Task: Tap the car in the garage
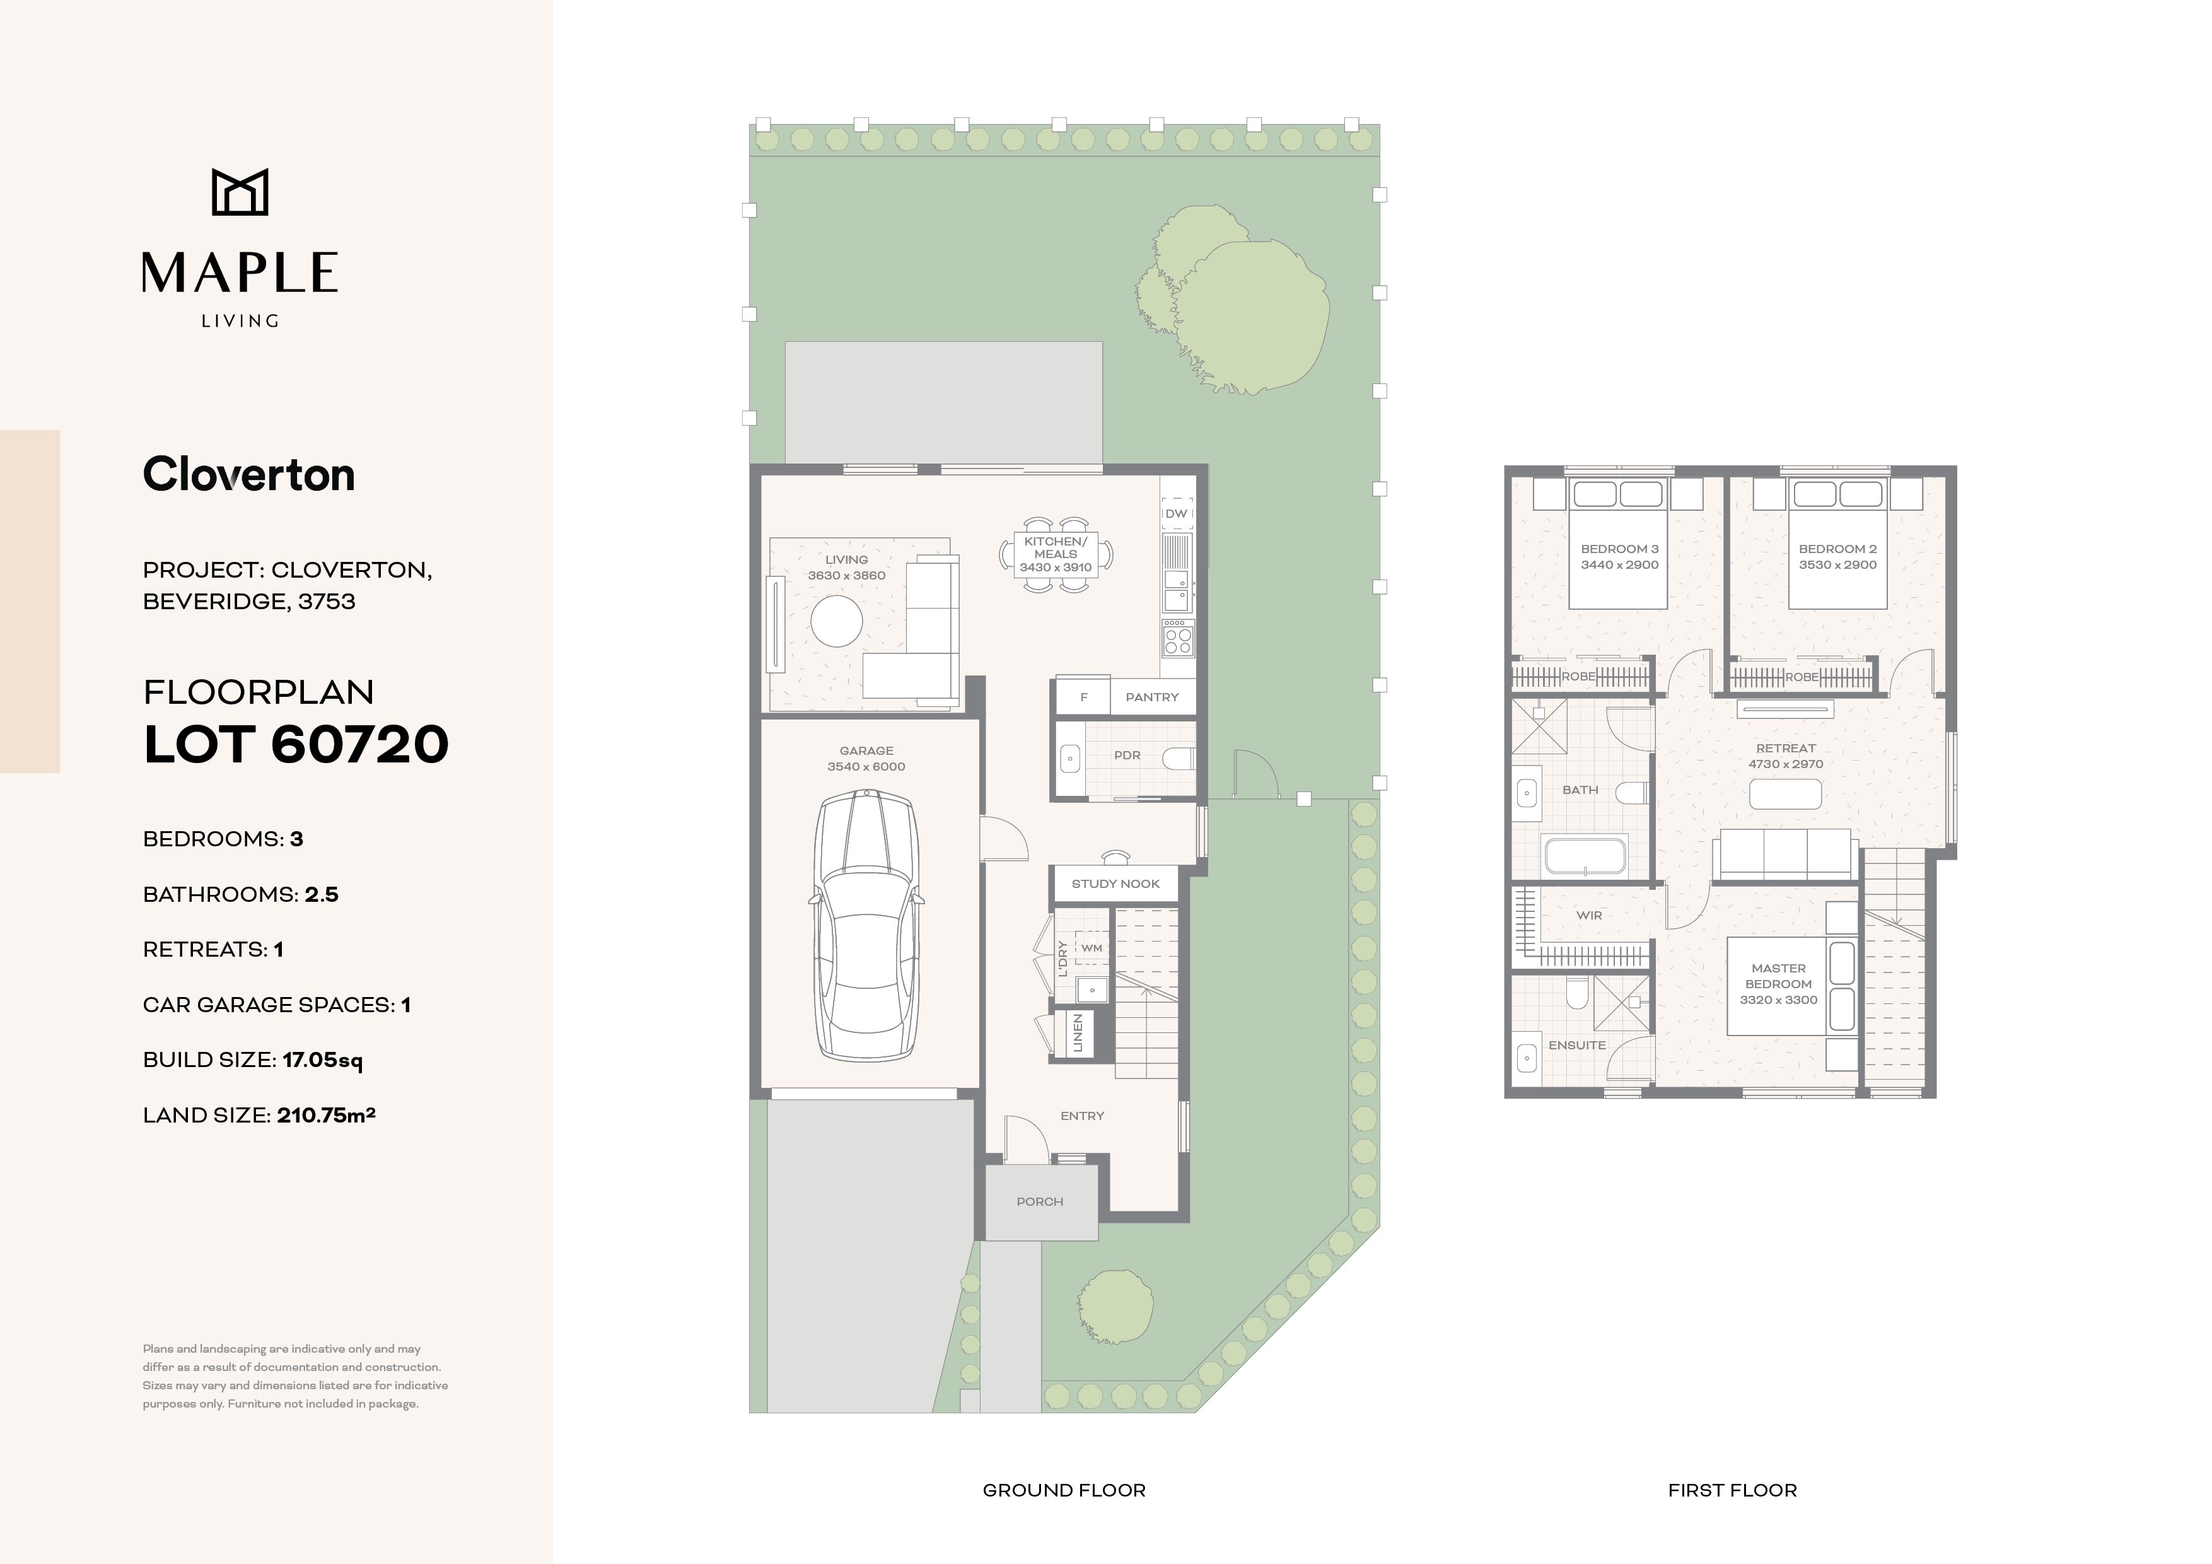866,926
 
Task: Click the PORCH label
1040,1201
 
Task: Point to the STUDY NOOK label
1115,884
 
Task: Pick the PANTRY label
1151,697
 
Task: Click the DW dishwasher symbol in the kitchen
1177,513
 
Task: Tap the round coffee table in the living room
836,622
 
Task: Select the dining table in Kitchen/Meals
1056,554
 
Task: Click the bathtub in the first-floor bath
1585,856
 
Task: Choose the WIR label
1590,916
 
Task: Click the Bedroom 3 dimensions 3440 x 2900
1619,564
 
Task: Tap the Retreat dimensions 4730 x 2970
1786,764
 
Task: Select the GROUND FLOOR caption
1064,1491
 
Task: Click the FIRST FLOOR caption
1732,1491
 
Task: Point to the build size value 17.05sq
323,1060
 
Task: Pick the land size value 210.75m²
325,1115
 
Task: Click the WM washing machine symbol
1091,948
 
